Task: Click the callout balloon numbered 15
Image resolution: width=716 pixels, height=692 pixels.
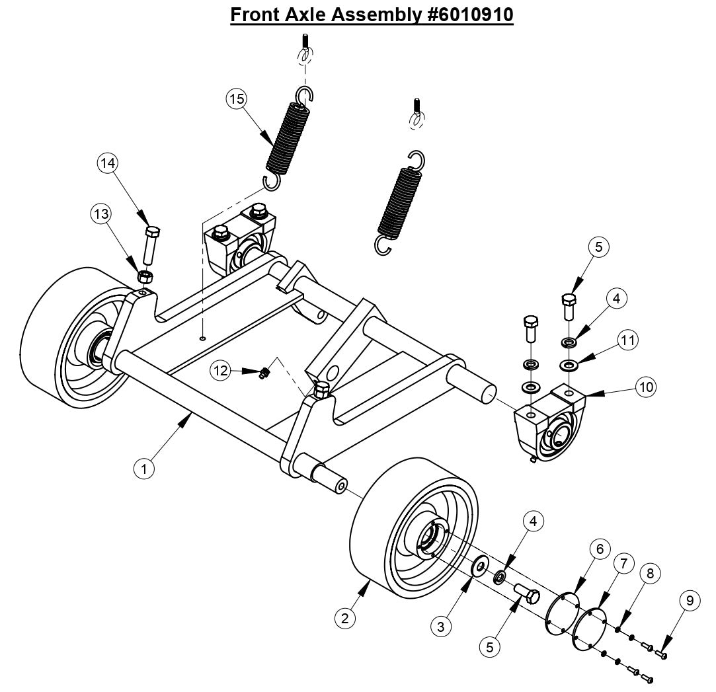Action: pos(236,99)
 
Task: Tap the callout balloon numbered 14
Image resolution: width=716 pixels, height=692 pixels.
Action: pos(108,161)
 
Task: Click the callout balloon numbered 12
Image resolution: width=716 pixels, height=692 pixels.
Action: pos(220,371)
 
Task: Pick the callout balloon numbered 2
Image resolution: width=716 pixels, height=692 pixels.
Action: pos(343,619)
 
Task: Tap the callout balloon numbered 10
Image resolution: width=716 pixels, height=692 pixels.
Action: pos(645,387)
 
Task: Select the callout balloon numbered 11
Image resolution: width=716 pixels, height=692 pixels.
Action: pos(627,340)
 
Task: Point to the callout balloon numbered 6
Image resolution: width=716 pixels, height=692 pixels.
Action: pos(599,549)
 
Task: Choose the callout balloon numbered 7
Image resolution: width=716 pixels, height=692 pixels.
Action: pos(622,564)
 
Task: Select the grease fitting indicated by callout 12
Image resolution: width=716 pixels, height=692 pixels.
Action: pos(264,373)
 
